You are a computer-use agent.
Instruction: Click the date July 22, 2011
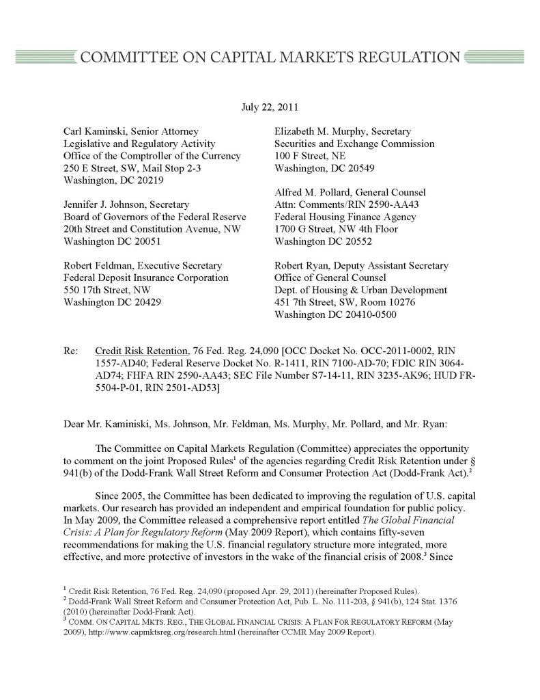270,107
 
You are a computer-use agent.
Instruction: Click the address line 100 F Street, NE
308,156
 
